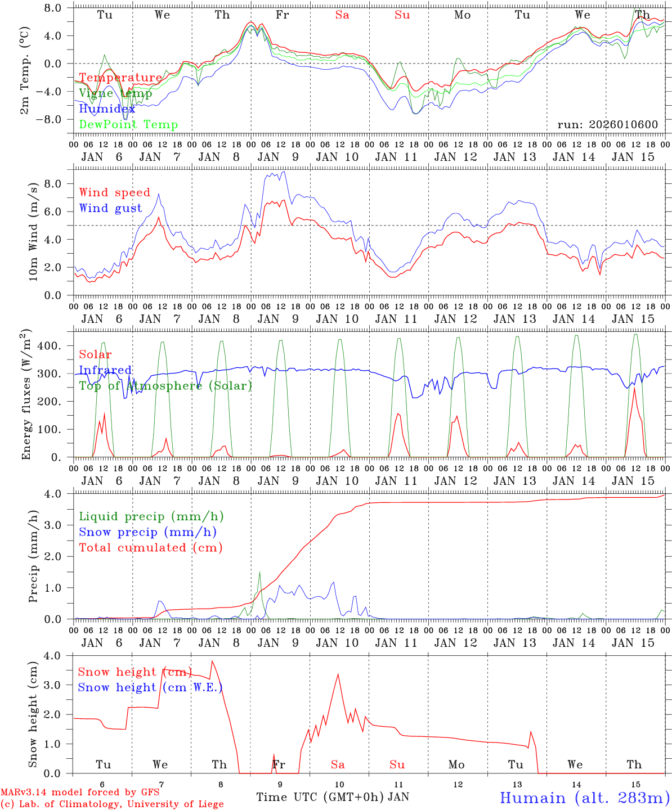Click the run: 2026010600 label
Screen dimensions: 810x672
tap(607, 124)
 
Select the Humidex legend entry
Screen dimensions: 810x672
tap(107, 109)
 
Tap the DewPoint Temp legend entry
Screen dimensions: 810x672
tap(128, 125)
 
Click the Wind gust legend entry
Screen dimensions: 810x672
tap(110, 208)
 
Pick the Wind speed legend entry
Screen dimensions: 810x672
tap(115, 192)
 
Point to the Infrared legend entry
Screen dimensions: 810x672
tap(105, 370)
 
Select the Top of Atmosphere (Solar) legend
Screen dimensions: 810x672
tap(165, 386)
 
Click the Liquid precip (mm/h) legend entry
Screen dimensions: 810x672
tap(151, 516)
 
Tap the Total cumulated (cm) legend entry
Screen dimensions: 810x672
tap(151, 547)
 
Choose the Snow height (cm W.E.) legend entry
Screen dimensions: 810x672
tap(150, 687)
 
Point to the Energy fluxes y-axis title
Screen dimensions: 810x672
tap(26, 396)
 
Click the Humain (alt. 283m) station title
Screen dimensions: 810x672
tap(585, 798)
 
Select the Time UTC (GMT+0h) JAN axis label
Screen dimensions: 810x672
tap(333, 797)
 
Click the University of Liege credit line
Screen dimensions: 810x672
tap(112, 804)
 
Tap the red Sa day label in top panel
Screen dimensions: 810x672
tap(342, 15)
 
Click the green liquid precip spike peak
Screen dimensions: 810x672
tap(259, 572)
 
